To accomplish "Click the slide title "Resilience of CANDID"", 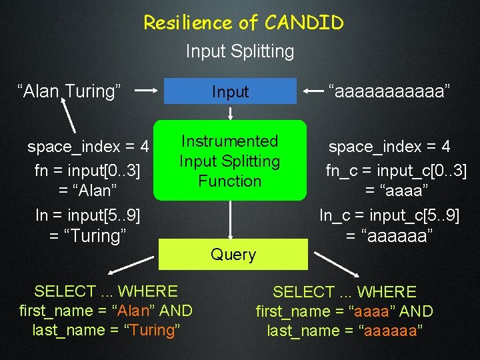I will [243, 23].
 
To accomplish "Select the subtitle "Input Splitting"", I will [240, 51].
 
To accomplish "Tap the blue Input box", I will [230, 92].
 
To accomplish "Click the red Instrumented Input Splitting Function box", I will [230, 161].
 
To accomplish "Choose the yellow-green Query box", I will [233, 255].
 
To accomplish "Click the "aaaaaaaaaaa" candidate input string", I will [391, 91].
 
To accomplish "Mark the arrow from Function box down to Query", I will [230, 220].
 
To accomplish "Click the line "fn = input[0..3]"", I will [87, 171].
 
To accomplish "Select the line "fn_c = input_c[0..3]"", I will [396, 171].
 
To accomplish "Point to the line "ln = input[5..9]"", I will [87, 215].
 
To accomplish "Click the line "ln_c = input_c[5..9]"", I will [389, 215].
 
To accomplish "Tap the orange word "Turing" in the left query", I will [152, 330].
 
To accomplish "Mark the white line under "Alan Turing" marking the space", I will [73, 117].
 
